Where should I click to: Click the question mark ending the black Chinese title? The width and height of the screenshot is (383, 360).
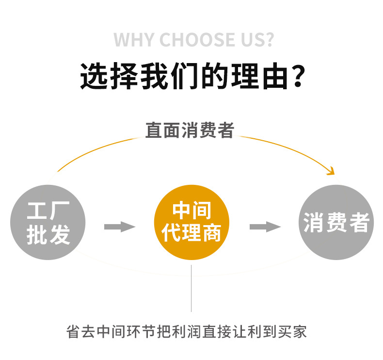tap(299, 76)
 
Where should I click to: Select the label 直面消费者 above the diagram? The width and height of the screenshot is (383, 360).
tap(190, 130)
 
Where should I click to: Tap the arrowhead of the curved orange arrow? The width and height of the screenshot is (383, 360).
tap(331, 171)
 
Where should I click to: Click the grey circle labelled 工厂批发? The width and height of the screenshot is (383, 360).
tap(48, 223)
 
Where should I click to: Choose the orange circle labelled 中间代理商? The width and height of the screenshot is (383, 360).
tap(191, 223)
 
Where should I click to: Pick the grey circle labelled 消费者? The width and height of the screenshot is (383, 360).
tap(336, 223)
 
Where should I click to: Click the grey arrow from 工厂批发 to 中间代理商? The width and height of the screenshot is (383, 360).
tap(119, 227)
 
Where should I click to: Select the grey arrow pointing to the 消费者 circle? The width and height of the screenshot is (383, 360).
tap(265, 227)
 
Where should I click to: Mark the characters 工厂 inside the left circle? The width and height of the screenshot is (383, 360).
tap(48, 211)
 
